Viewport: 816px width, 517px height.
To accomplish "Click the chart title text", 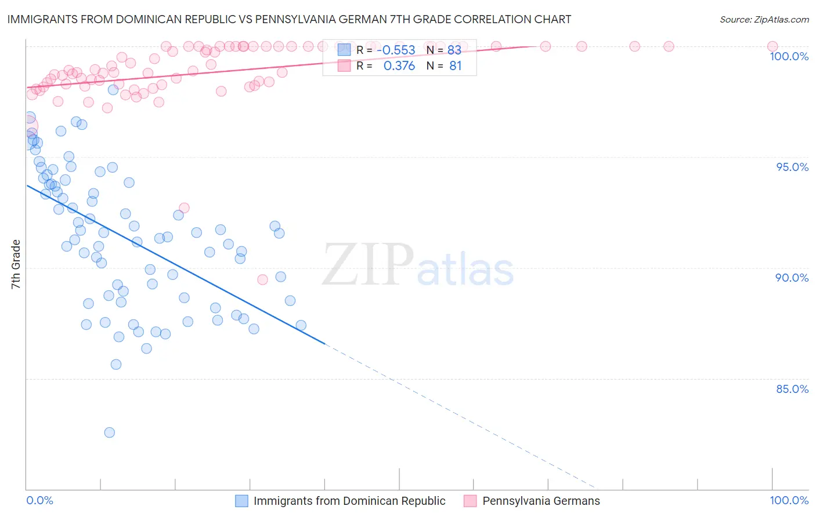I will pos(289,19).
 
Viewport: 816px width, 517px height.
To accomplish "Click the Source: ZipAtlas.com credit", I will pos(764,19).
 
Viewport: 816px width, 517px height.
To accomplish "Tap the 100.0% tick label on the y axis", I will pos(789,56).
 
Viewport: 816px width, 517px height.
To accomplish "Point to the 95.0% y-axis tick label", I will pos(792,167).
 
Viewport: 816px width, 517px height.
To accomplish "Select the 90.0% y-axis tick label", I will pos(792,278).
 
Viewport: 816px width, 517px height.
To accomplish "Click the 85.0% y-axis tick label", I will pos(792,389).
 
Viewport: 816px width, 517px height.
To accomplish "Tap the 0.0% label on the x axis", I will pos(39,500).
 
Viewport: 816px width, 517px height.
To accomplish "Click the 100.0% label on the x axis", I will pos(789,500).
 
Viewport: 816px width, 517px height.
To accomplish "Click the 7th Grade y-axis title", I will pos(16,264).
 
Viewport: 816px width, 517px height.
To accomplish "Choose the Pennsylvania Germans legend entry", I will pos(541,501).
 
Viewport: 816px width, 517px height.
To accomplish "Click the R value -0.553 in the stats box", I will pos(396,50).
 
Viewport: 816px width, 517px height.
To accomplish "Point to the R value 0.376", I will pos(399,66).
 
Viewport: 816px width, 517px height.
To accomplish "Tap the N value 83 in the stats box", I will pos(454,50).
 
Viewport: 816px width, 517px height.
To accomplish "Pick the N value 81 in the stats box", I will pos(456,66).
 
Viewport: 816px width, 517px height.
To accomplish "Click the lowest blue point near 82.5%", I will pos(109,432).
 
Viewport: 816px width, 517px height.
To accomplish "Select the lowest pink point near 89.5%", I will pos(262,280).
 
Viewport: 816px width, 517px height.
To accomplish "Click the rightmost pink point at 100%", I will pos(772,46).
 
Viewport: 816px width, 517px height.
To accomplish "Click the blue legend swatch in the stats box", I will pos(344,50).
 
